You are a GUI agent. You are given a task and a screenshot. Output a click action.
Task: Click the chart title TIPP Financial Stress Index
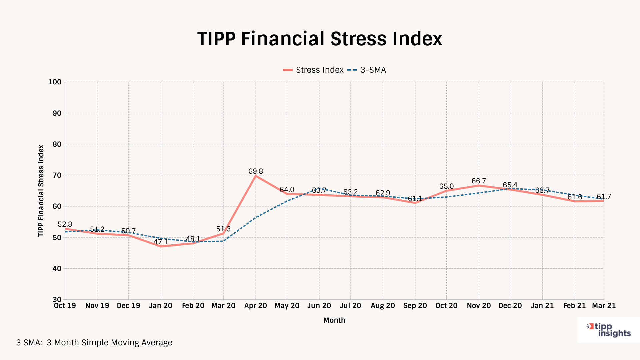(320, 39)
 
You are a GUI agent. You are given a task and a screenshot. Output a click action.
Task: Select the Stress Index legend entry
(313, 70)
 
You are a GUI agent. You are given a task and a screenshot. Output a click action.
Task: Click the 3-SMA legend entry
(367, 70)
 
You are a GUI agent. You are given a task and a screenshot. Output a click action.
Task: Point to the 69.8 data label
(256, 171)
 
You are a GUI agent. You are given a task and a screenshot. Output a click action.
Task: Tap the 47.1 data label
(161, 242)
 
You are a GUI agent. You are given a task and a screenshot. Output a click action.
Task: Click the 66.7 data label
(479, 181)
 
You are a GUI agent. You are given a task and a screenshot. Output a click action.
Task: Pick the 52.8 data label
(65, 224)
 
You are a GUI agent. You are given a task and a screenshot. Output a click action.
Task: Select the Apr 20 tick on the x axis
(256, 306)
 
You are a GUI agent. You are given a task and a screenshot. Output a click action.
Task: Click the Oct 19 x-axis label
(65, 306)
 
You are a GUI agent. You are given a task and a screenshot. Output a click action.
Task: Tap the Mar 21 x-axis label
(604, 306)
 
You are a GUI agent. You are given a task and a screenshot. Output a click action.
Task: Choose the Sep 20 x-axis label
(415, 306)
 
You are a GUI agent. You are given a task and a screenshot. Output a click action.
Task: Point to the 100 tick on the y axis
(55, 82)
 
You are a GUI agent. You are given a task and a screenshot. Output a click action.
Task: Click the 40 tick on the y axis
(57, 269)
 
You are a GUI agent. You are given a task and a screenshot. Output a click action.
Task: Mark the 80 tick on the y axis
(57, 144)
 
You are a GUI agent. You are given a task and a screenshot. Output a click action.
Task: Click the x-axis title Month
(334, 320)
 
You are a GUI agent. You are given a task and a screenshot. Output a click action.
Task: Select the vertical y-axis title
(41, 191)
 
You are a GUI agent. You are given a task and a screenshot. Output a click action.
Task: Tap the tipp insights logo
(609, 330)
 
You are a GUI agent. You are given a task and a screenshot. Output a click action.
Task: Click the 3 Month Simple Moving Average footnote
(94, 343)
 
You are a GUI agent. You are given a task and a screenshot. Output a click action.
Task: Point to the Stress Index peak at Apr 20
(256, 176)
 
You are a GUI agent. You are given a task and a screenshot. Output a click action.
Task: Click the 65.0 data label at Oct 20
(446, 186)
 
